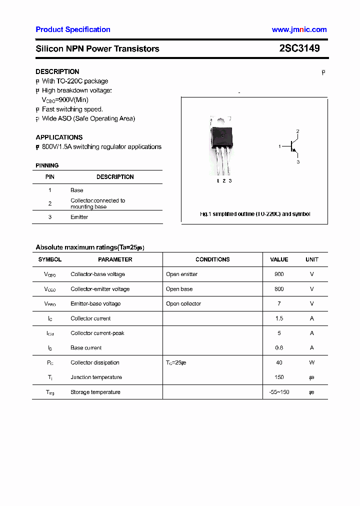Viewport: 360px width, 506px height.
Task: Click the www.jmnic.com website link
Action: click(299, 29)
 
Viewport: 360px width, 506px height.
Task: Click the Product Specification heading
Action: click(73, 29)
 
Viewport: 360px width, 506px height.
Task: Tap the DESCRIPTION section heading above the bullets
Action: click(57, 71)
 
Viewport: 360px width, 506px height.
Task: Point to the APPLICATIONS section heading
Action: click(59, 137)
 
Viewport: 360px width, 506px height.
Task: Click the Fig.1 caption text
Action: click(254, 214)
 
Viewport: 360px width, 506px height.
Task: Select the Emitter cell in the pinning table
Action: click(79, 217)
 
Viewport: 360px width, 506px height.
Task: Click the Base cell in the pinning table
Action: click(77, 190)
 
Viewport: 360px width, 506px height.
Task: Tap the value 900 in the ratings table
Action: click(279, 274)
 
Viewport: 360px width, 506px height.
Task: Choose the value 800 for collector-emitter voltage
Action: click(279, 289)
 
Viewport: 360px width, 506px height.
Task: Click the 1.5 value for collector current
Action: click(279, 318)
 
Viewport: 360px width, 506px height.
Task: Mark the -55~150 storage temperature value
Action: click(279, 392)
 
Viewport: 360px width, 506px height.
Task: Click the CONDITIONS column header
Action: click(212, 259)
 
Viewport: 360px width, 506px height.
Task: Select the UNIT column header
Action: click(312, 259)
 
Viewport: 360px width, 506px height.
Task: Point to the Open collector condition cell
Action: click(183, 303)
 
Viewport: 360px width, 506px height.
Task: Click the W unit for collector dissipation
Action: click(312, 362)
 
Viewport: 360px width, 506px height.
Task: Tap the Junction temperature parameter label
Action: click(96, 377)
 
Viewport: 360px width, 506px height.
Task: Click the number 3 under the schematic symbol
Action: click(298, 162)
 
